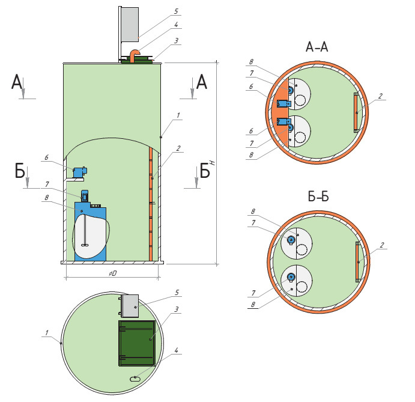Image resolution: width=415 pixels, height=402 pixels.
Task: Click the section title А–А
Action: click(317, 47)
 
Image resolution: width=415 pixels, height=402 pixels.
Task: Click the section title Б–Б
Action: click(318, 196)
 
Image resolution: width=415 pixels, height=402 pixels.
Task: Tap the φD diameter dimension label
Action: click(113, 273)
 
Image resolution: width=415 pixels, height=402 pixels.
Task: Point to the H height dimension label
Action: click(213, 163)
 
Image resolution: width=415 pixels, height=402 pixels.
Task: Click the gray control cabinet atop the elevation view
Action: click(130, 25)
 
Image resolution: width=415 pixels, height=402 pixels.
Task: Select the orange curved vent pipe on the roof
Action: click(134, 55)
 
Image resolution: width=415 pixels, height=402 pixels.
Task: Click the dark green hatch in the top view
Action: click(137, 343)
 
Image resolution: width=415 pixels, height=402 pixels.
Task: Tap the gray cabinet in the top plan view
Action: click(130, 306)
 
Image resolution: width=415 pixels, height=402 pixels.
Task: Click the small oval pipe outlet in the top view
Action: click(135, 379)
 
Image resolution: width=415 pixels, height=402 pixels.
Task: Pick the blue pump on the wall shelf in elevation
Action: click(80, 172)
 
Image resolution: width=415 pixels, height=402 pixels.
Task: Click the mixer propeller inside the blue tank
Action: click(85, 245)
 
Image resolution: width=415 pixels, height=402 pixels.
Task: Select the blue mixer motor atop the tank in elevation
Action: click(85, 196)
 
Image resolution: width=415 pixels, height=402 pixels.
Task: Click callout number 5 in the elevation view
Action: click(176, 11)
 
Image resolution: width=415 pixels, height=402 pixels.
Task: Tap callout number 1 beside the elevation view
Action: click(178, 115)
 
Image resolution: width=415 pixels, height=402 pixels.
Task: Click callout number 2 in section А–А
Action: click(380, 96)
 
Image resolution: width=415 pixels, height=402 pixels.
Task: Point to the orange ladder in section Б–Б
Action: click(358, 261)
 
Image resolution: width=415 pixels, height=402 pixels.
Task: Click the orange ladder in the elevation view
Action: click(151, 204)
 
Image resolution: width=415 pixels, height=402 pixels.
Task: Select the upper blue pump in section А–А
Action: click(284, 103)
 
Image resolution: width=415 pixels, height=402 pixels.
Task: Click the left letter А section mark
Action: click(17, 82)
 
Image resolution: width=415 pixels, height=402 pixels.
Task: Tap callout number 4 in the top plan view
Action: click(176, 350)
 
